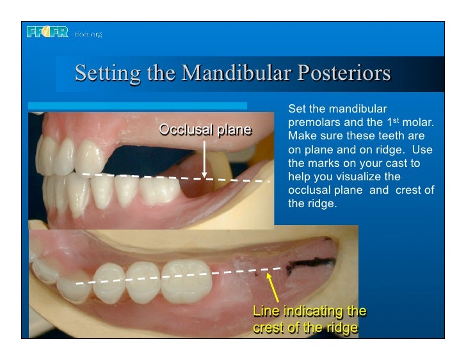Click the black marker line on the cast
point(313,262)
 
